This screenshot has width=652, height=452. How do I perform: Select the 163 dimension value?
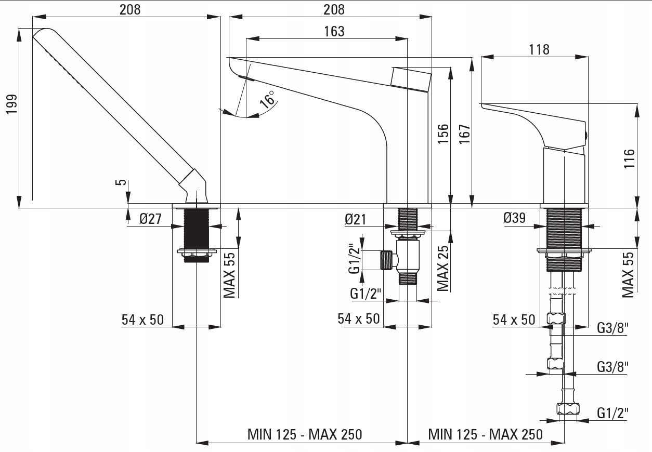[x=334, y=31]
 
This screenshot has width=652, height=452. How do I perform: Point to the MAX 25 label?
[x=443, y=268]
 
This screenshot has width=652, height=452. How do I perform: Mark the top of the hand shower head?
[x=42, y=33]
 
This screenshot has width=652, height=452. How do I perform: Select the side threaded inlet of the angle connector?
[x=386, y=260]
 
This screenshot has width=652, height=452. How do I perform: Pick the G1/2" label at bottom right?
[x=612, y=413]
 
